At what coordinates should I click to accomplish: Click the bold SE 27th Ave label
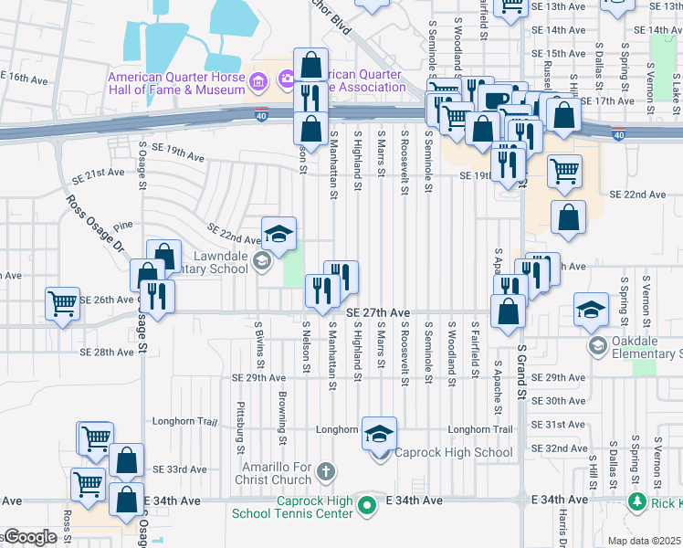click(x=378, y=312)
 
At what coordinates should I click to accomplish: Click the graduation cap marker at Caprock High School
click(x=380, y=434)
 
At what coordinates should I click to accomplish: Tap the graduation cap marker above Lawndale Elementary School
click(x=279, y=233)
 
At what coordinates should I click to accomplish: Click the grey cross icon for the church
click(x=326, y=472)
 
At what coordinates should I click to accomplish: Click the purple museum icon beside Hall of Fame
click(x=258, y=83)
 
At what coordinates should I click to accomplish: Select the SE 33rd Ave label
click(x=180, y=469)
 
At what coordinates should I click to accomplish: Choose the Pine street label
click(x=124, y=224)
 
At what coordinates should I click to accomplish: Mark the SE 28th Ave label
click(x=107, y=352)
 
